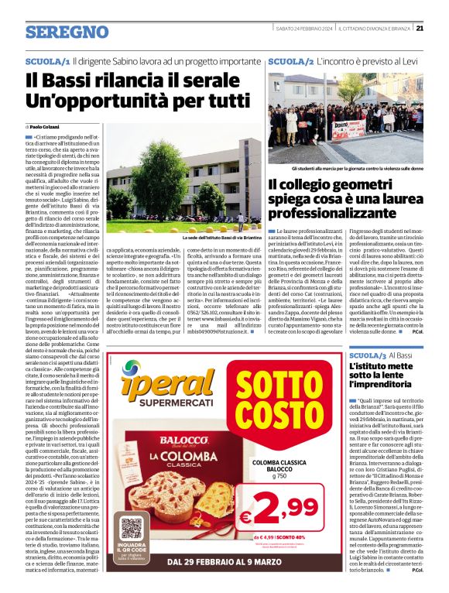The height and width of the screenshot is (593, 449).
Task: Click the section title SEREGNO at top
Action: coord(67,32)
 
